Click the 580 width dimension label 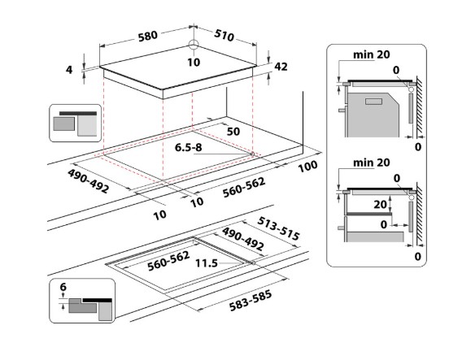click(148, 37)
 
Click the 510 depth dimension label click(224, 35)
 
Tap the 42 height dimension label click(281, 67)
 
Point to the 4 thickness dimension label click(69, 70)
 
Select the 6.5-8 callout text click(188, 147)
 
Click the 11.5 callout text click(207, 263)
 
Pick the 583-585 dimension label click(251, 301)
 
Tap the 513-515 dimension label click(278, 228)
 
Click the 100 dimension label click(307, 167)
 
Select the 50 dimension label click(233, 132)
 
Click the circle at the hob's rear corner click(194, 45)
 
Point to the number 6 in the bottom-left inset click(63, 286)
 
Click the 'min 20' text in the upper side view click(372, 54)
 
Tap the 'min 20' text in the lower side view click(372, 163)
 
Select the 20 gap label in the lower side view click(380, 204)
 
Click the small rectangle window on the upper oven click(373, 102)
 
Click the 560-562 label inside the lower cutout click(168, 261)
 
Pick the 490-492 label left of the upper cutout click(88, 181)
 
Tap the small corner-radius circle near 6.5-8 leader click(252, 154)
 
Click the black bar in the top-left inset click(78, 114)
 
